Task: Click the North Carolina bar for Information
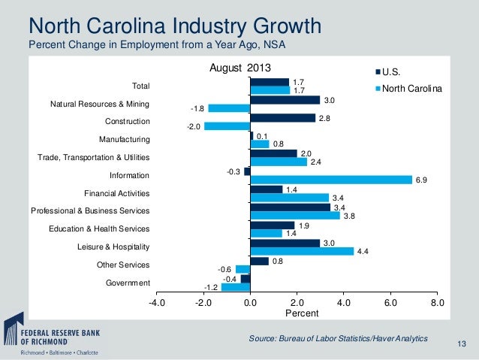click(331, 180)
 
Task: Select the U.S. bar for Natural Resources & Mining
click(285, 99)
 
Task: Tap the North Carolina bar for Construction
click(227, 126)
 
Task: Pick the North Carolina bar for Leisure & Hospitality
click(302, 251)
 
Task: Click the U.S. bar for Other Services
click(260, 261)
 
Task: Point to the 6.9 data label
click(421, 180)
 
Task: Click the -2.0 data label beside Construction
click(193, 126)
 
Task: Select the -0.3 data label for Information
click(233, 171)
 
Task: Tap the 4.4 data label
click(363, 252)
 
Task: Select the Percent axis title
click(297, 313)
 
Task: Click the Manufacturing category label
click(124, 139)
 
